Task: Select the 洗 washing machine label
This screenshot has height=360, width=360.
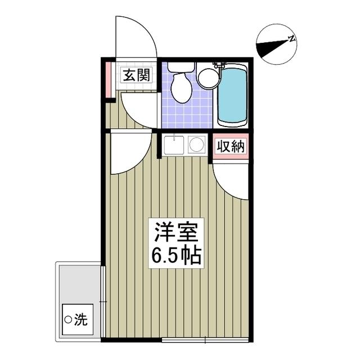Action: pyautogui.click(x=82, y=321)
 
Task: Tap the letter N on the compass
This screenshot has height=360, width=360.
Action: pyautogui.click(x=292, y=39)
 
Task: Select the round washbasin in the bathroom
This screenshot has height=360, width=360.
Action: pyautogui.click(x=208, y=79)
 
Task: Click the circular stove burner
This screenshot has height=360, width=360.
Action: pyautogui.click(x=196, y=145)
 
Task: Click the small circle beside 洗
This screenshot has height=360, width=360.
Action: pyautogui.click(x=69, y=321)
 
